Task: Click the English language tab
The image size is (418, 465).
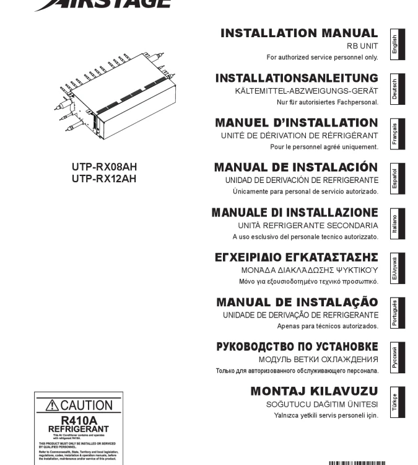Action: [x=394, y=44]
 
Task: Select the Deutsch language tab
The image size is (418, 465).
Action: [x=394, y=89]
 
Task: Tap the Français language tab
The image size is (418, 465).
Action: [x=394, y=134]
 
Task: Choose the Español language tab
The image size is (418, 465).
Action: [x=394, y=179]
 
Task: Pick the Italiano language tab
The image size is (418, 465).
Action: [x=394, y=223]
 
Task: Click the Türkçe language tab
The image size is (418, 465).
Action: [x=394, y=403]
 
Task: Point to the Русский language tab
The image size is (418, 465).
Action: [x=394, y=358]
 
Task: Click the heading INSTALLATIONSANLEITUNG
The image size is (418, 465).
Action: [x=297, y=78]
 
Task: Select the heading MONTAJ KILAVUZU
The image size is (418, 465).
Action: [x=314, y=391]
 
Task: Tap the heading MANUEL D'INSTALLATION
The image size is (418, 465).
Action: [x=296, y=123]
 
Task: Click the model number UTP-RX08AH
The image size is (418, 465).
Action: [x=104, y=167]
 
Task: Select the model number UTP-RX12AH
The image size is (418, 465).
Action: [x=104, y=179]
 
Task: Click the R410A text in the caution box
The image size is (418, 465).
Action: [x=78, y=420]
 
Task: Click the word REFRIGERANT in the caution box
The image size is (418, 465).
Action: [x=78, y=428]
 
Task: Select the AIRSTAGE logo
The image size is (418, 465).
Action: [x=103, y=4]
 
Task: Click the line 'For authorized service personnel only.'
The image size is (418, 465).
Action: [x=322, y=58]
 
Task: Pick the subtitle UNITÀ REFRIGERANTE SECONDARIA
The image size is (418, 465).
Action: [x=308, y=225]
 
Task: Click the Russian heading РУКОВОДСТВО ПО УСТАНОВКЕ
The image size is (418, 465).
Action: [x=297, y=347]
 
